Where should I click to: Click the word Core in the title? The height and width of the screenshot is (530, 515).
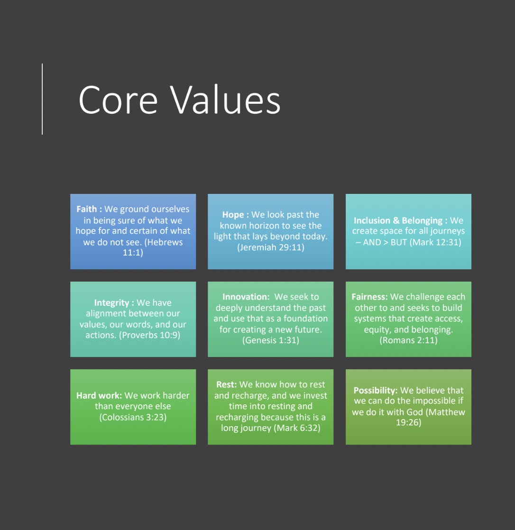click(118, 101)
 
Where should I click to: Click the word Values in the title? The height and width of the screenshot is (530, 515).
click(225, 101)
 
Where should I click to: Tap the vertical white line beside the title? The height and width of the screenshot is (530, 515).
click(42, 99)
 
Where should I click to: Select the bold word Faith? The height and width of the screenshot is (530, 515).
click(86, 209)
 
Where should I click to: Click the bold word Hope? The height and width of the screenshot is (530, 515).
click(233, 215)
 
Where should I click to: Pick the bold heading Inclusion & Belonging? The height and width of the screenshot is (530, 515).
click(397, 220)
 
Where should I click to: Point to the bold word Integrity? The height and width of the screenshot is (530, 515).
click(111, 303)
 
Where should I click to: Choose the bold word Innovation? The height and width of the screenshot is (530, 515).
click(245, 297)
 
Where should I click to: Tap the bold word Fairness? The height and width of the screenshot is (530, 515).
click(369, 297)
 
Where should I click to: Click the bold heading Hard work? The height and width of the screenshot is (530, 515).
click(99, 395)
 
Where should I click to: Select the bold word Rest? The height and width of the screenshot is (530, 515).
click(226, 384)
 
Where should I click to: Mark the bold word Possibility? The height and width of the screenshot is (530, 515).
click(375, 390)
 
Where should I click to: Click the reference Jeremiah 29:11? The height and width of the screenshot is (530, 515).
click(271, 247)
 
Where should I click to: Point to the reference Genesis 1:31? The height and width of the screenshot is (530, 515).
click(271, 340)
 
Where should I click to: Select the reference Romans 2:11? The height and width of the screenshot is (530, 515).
click(408, 340)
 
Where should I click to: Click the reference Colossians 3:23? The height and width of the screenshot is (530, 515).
click(133, 417)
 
